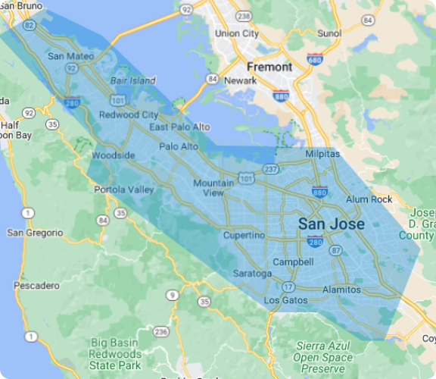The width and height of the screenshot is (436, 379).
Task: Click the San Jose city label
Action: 331,224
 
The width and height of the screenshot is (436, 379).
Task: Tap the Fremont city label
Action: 269,67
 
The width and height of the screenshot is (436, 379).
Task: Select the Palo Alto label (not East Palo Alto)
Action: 179,146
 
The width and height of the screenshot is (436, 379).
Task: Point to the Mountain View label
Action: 213,188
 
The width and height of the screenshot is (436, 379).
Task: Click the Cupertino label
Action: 244,236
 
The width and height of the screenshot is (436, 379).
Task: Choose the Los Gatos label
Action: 286,301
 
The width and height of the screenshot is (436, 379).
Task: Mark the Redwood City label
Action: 129,115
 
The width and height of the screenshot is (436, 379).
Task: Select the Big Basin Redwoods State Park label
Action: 115,354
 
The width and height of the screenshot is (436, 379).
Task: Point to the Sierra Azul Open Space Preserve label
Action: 323,356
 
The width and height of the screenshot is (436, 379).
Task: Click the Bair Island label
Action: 132,80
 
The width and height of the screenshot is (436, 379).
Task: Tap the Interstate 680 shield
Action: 313,59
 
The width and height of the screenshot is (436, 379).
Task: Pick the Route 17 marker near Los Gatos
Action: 288,287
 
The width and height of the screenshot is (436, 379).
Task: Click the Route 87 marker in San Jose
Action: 337,250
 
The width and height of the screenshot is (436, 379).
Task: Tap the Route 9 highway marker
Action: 173,294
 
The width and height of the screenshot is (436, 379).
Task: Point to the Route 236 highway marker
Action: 160,332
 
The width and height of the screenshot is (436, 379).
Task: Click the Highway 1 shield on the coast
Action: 30,336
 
